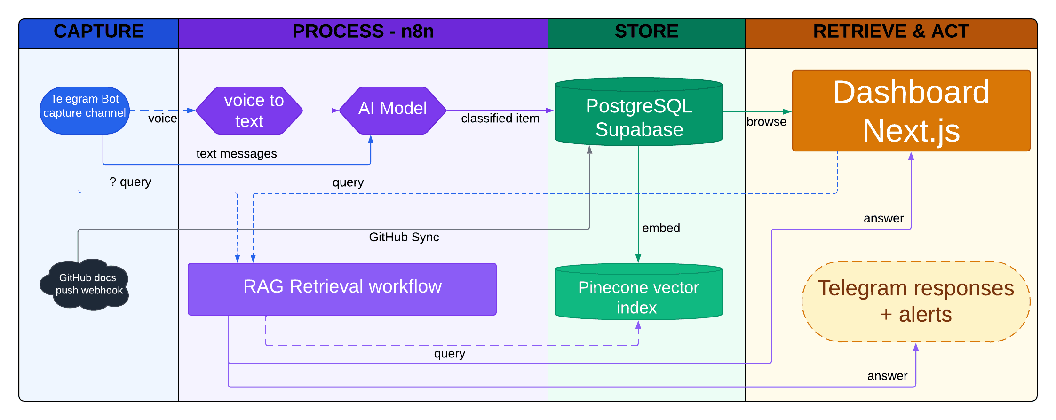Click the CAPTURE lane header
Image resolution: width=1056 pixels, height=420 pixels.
tap(99, 32)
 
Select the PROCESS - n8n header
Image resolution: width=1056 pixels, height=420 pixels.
tap(363, 32)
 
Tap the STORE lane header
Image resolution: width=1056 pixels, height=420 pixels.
tap(647, 32)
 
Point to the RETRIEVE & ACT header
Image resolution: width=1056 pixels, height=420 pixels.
tap(891, 32)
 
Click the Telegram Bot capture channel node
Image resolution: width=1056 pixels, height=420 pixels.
tap(85, 111)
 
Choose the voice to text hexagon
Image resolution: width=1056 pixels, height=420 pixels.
tap(249, 111)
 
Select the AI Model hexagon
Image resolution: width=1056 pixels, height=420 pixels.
tap(392, 111)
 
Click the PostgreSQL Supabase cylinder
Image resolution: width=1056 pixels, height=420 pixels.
tap(638, 115)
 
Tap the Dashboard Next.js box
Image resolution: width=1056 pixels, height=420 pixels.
tap(911, 111)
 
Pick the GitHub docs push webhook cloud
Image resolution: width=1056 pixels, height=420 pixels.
tap(86, 285)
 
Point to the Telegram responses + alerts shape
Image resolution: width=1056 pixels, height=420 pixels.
tap(915, 301)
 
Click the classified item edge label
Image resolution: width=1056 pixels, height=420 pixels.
tap(500, 119)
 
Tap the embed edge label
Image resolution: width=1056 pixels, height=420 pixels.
tap(661, 228)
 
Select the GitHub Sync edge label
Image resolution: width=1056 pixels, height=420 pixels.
tap(404, 237)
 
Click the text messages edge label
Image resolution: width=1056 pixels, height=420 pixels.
tap(236, 154)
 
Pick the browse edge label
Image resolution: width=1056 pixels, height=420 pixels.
tap(766, 122)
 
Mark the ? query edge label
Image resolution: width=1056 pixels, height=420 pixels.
tap(130, 182)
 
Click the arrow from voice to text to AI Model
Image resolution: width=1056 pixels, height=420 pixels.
tap(320, 111)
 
